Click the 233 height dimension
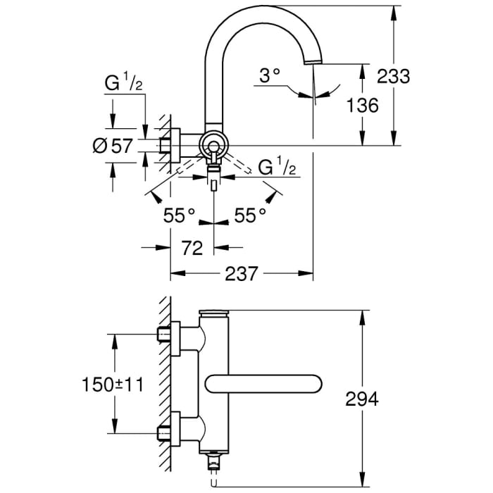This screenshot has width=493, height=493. [392, 75]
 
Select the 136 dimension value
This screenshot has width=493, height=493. [363, 105]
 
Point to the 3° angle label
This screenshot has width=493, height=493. [269, 75]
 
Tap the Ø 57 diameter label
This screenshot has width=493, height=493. [113, 146]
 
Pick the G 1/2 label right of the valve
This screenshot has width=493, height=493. [277, 168]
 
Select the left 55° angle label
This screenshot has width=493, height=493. [179, 216]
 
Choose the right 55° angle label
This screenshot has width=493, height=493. [250, 216]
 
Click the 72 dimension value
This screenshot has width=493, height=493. [192, 248]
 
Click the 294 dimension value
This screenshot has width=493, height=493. [363, 399]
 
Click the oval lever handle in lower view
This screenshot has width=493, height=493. [265, 385]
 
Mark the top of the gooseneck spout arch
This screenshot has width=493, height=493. [261, 8]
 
